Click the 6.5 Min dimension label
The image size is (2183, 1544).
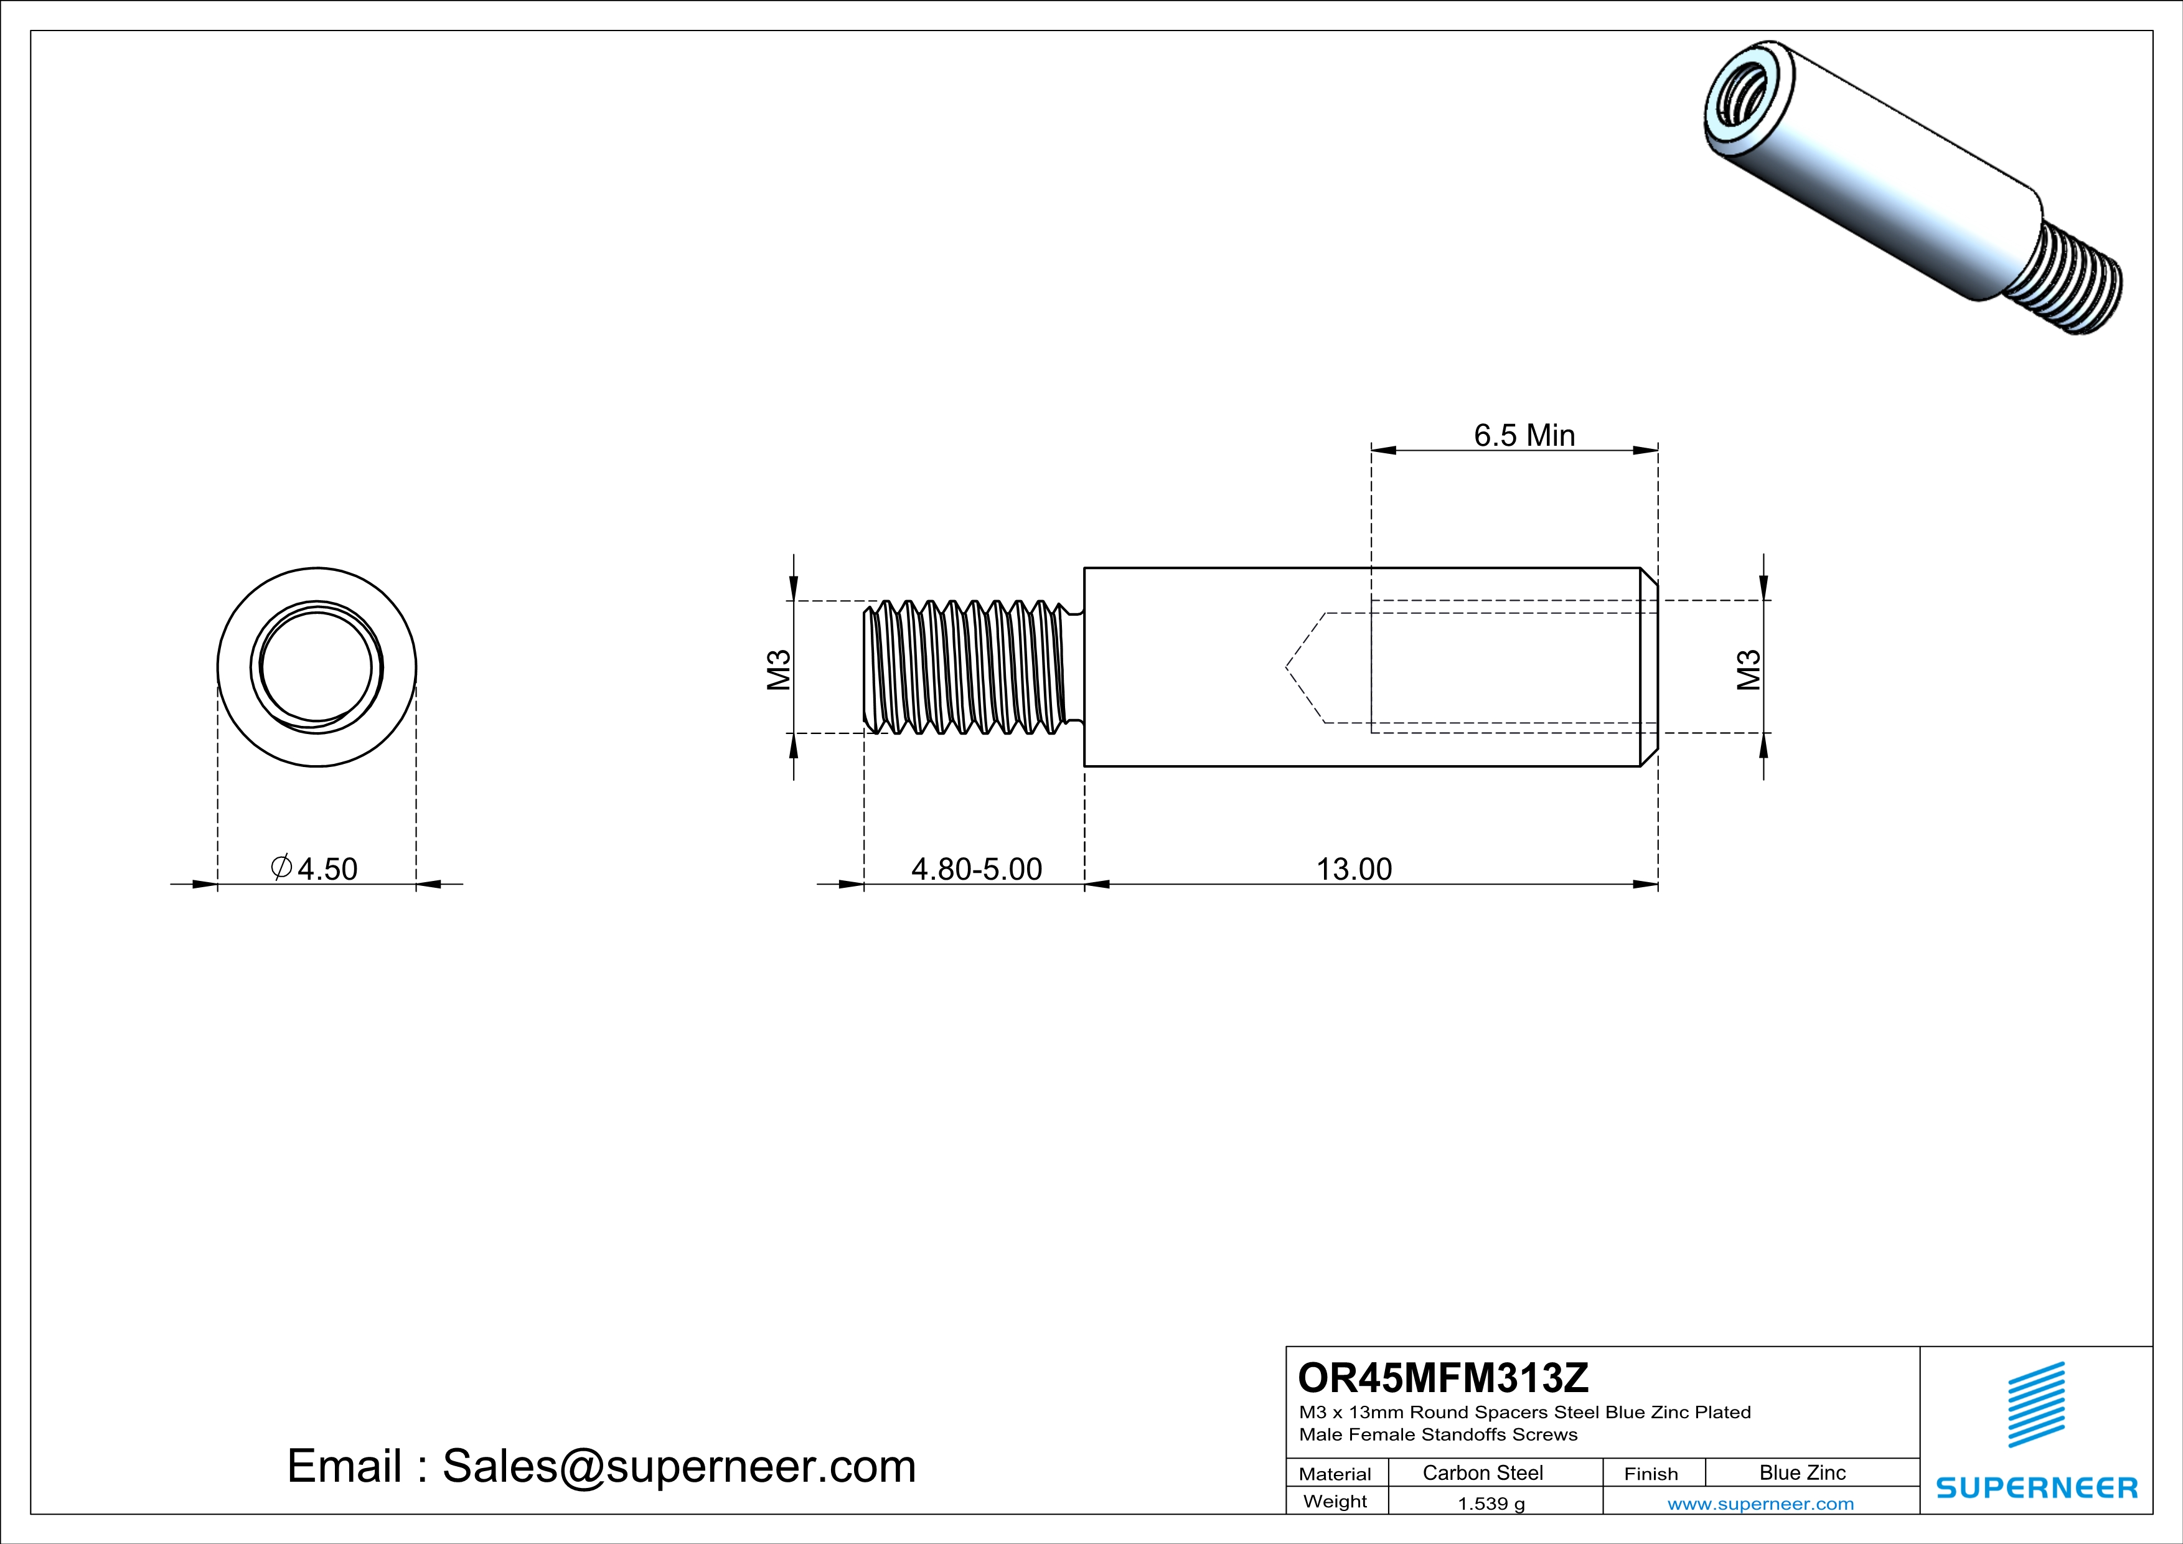click(1524, 435)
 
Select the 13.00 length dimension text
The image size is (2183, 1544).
click(1353, 869)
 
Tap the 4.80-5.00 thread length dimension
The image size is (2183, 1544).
click(977, 869)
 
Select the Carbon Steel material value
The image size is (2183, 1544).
click(1482, 1472)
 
